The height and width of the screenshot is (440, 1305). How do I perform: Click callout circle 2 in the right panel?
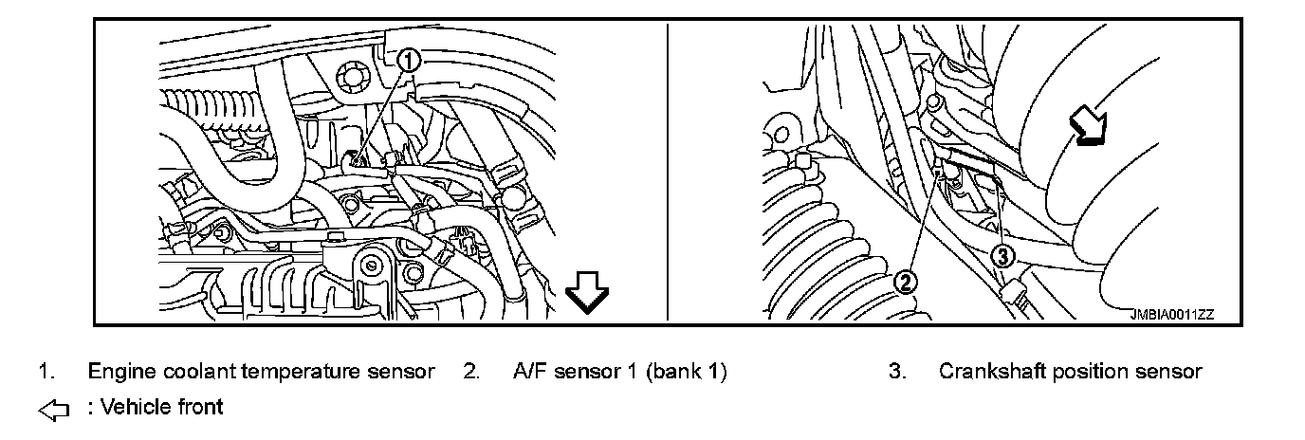[x=906, y=281]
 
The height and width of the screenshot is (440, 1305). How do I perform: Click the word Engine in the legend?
[x=116, y=372]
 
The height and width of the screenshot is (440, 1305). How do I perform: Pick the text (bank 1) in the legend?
[x=687, y=372]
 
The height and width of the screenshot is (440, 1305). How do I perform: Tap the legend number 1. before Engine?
[x=46, y=372]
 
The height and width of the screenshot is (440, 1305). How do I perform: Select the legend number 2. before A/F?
[x=470, y=372]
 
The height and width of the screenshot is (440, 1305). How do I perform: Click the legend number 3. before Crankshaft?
[x=896, y=372]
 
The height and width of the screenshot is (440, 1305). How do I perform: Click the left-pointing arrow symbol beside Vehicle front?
[x=55, y=410]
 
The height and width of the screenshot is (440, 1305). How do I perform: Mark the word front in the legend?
[x=200, y=408]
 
